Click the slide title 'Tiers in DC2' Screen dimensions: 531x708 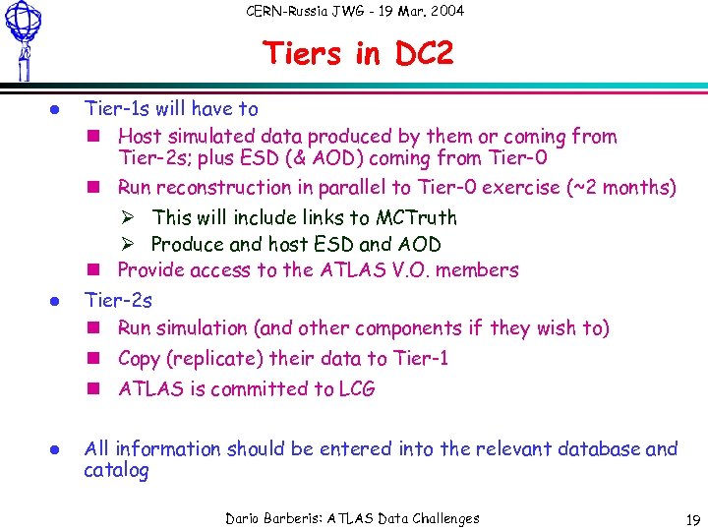[x=358, y=54]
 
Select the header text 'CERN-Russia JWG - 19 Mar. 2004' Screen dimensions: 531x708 [x=354, y=12]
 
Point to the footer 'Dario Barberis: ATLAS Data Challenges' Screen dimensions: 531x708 [x=352, y=518]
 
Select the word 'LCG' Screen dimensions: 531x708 [x=356, y=388]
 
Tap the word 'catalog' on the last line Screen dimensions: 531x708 [x=116, y=471]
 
